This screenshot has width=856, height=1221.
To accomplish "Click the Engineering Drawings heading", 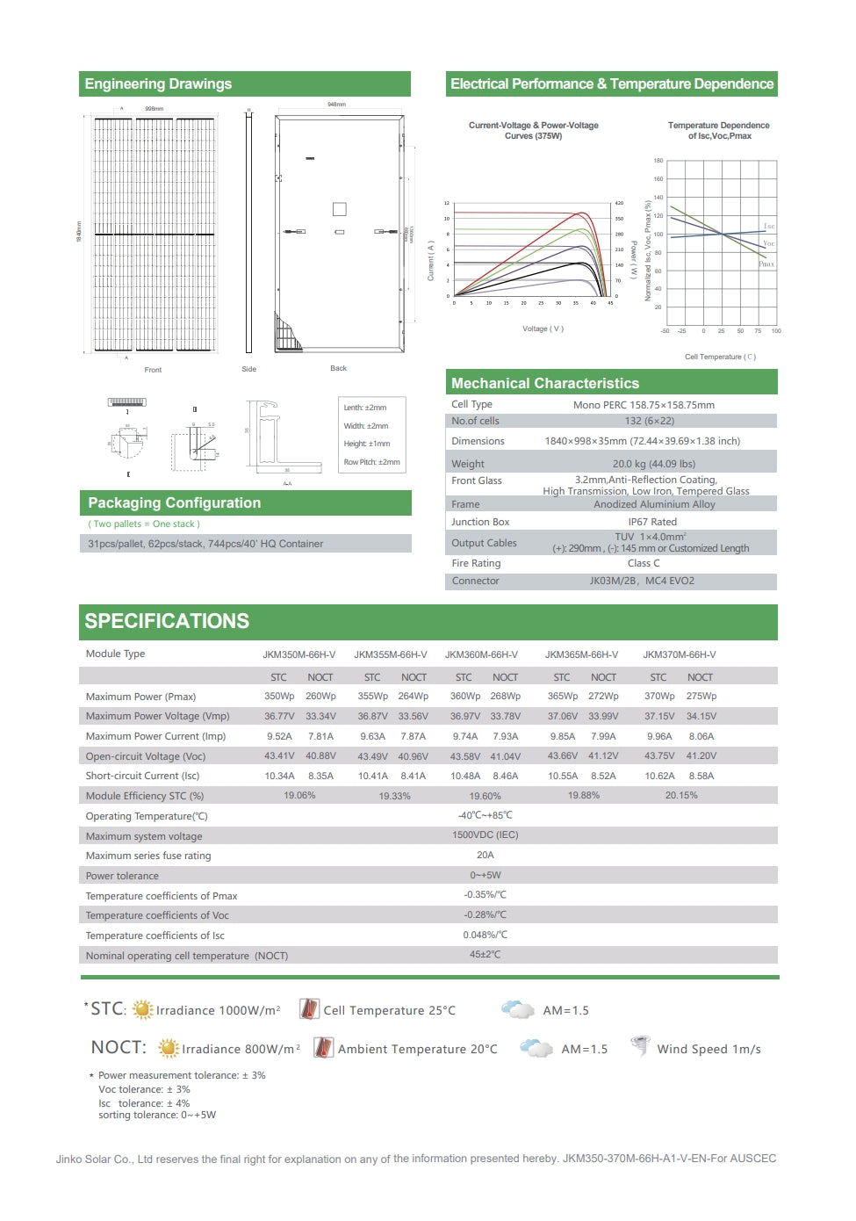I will pos(158,84).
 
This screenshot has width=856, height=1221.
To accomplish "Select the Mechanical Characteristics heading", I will pos(544,383).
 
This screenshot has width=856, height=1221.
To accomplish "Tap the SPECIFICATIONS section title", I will pos(167,621).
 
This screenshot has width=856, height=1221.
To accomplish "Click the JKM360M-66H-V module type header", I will pos(481,654).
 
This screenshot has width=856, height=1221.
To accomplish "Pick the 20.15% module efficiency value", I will pos(681,795).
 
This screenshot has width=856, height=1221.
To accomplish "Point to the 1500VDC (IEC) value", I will pos(485,835).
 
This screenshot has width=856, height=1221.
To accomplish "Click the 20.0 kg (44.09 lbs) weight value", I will pos(653,464).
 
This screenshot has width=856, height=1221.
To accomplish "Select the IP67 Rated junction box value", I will pos(652,522).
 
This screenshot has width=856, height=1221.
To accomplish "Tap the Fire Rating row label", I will pos(476,563).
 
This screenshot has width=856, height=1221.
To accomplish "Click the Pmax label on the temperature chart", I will pos(766,264).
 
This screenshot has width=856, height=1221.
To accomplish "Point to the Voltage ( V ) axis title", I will pos(543,329).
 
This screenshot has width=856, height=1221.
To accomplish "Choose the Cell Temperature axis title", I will pos(720,357).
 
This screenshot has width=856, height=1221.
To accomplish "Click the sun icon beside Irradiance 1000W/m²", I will pos(142,1010).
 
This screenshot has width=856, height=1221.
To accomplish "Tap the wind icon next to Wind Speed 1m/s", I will pos(641,1046).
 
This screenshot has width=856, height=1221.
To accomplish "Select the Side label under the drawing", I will pos(249,369).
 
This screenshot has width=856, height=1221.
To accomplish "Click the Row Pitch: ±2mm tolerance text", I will pos(371,462).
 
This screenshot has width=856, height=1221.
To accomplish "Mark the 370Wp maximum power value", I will pos(659,696).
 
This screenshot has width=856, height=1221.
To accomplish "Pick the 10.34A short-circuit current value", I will pos(280,776).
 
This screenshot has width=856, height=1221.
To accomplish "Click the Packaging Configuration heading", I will pos(174,502).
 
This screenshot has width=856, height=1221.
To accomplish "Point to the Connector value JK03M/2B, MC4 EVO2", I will pos(641,581).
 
